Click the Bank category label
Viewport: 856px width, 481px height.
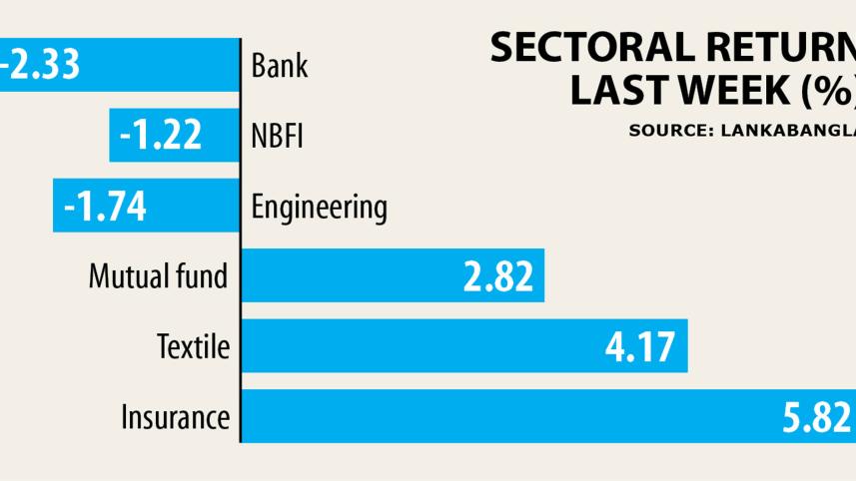click(280, 67)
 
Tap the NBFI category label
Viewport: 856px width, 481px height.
click(277, 137)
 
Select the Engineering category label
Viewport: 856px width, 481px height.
click(319, 208)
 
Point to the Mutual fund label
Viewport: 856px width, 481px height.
click(159, 276)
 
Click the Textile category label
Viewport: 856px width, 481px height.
click(194, 347)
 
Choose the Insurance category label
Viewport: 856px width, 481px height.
click(175, 416)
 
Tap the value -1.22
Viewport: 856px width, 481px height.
click(161, 136)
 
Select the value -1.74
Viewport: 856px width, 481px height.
click(105, 207)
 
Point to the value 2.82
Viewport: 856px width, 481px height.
click(497, 276)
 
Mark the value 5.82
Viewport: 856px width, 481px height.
click(816, 416)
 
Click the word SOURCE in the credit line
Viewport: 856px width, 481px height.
click(663, 130)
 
